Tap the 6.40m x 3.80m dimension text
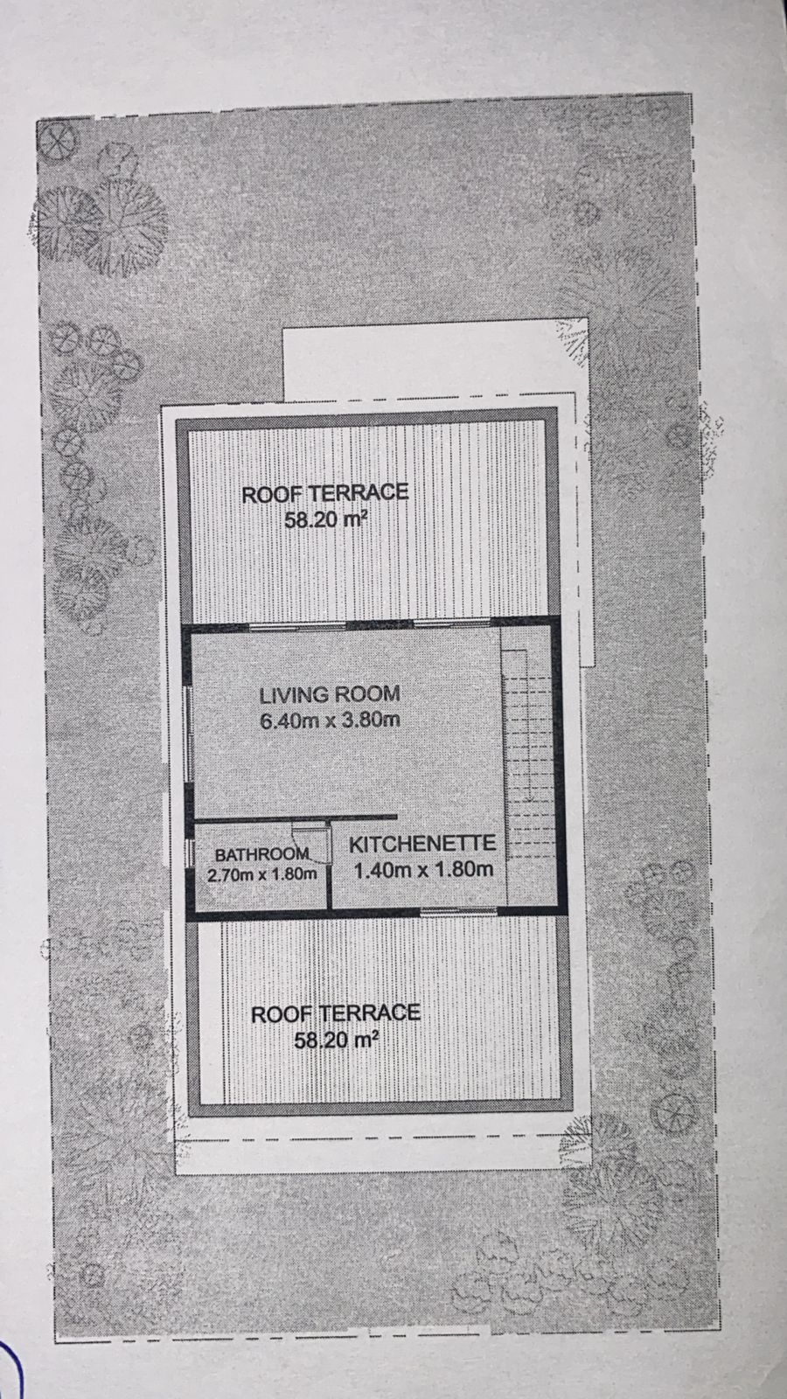click(330, 720)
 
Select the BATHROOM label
click(261, 853)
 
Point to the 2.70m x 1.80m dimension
click(261, 874)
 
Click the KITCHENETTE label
click(422, 844)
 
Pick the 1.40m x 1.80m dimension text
click(424, 869)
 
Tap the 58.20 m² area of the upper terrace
click(324, 519)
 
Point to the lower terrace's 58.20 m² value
click(336, 1040)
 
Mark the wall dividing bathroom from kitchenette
click(329, 868)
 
